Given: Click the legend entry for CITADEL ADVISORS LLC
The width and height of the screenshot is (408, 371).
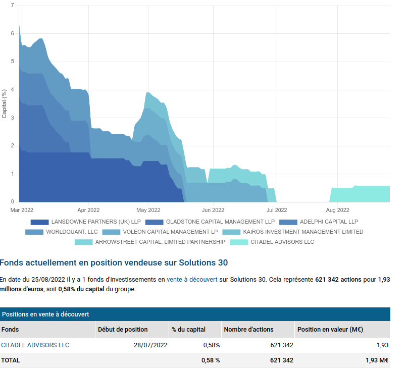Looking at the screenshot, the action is tap(272, 242).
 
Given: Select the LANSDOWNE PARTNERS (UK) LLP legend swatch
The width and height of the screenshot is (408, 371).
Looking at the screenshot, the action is tap(39, 222).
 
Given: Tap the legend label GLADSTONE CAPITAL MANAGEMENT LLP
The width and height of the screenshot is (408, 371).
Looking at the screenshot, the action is tap(220, 222).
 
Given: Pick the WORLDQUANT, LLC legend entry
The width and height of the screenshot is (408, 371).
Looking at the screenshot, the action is tap(62, 232).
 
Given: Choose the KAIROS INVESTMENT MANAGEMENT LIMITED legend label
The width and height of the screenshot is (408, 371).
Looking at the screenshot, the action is tap(303, 232).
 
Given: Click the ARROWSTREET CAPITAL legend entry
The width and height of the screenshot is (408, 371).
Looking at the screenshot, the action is tap(150, 242).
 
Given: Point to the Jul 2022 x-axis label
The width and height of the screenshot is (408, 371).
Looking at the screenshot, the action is tap(277, 210).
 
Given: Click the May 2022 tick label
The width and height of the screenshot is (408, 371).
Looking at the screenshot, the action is tap(148, 210).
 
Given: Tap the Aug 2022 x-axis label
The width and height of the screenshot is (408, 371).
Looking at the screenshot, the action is tap(337, 210).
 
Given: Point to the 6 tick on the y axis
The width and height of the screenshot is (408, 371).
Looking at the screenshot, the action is tap(12, 33).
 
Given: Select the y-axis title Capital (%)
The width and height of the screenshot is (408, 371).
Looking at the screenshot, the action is tap(4, 104).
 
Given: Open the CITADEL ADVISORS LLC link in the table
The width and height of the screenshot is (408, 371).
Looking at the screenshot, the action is tap(35, 345).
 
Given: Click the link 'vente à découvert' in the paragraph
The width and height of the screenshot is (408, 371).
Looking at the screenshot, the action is tap(192, 280).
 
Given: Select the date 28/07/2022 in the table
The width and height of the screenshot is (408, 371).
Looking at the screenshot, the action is tap(150, 345).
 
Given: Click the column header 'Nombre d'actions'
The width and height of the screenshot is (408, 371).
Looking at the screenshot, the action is tap(248, 330).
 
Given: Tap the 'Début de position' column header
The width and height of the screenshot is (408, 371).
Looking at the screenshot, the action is tap(123, 330).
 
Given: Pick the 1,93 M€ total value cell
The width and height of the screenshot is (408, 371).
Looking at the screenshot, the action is tap(377, 360).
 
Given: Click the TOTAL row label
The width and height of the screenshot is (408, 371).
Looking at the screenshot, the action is tap(11, 360).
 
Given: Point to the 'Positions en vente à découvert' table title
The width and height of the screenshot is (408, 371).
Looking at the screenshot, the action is tap(45, 314).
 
